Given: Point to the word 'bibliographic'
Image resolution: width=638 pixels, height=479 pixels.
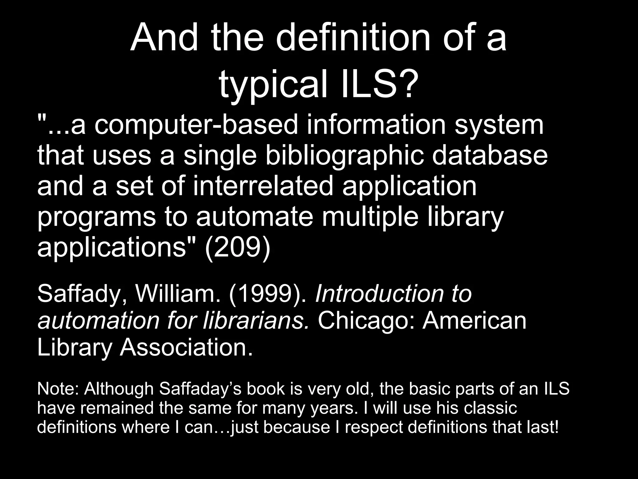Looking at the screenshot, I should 345,156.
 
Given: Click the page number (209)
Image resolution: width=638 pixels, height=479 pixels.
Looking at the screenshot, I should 237,247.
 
